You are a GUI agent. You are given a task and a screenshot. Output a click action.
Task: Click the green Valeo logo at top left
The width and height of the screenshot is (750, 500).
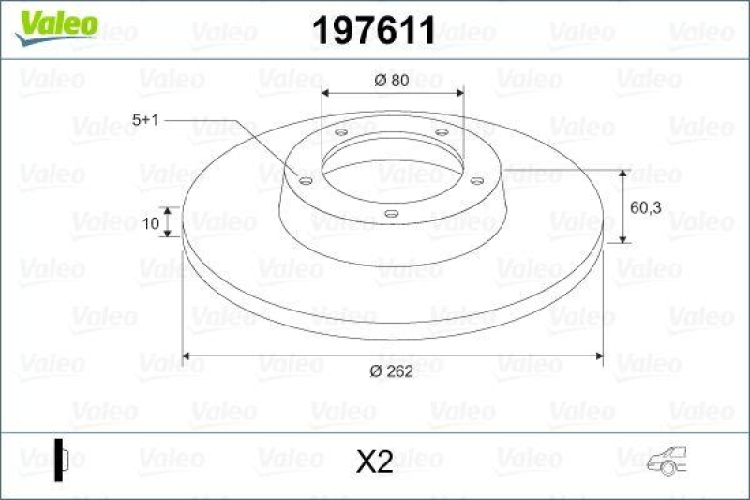tap(55, 23)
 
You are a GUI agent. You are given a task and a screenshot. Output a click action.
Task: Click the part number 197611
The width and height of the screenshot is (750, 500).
tap(372, 32)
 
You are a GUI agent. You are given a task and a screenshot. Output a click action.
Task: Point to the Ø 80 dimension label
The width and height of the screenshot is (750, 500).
tap(391, 81)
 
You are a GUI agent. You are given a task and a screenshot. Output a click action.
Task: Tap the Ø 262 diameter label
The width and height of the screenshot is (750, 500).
tap(391, 371)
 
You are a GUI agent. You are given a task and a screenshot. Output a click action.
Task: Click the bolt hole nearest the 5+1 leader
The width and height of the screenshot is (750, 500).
tap(306, 179)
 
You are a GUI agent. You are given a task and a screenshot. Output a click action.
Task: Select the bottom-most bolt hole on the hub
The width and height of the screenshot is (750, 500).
tap(391, 214)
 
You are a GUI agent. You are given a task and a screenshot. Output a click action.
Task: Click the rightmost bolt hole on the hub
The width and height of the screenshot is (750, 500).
tap(475, 179)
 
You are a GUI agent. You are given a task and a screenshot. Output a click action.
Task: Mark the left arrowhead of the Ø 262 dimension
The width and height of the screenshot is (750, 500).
tap(187, 356)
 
